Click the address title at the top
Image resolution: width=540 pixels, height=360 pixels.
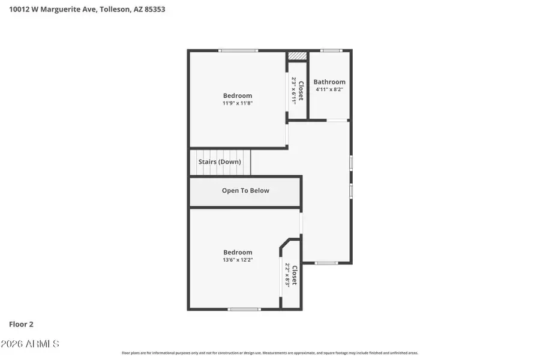click(x=87, y=10)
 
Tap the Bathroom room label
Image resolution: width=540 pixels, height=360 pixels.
click(x=329, y=82)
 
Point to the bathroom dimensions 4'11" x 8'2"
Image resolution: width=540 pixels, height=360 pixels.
click(x=329, y=89)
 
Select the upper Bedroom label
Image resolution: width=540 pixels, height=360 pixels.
click(x=238, y=95)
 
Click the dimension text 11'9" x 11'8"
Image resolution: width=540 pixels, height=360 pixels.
click(x=238, y=103)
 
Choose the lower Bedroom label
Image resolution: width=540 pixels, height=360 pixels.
click(x=238, y=252)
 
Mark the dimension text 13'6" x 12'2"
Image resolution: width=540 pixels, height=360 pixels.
click(x=238, y=260)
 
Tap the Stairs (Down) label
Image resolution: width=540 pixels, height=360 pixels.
click(x=220, y=162)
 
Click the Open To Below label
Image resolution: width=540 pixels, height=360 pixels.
click(x=245, y=191)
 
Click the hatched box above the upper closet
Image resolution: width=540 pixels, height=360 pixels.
click(x=297, y=56)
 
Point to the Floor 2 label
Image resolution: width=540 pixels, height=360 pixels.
click(x=21, y=324)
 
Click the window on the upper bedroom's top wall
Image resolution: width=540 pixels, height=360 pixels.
click(x=238, y=50)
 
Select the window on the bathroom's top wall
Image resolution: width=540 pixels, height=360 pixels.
click(x=331, y=50)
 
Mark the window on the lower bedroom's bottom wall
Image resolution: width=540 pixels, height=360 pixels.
click(x=244, y=309)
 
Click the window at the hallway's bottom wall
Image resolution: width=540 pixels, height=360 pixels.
click(x=326, y=263)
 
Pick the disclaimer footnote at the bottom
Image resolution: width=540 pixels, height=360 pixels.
click(x=270, y=353)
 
